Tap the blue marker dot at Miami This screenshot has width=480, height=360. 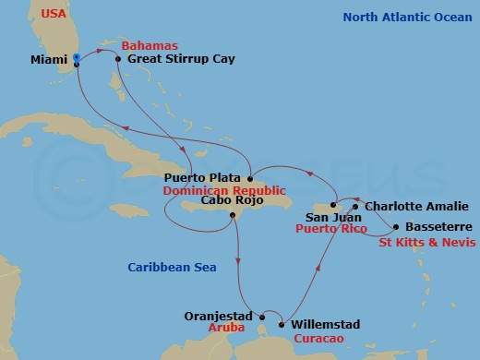point(77,57)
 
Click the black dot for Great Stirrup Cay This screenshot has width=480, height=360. point(118,59)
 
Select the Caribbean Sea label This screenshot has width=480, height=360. point(172,267)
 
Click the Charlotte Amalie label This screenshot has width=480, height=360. point(416,206)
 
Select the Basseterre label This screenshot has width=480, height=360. point(439,226)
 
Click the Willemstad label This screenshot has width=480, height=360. point(325,325)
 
